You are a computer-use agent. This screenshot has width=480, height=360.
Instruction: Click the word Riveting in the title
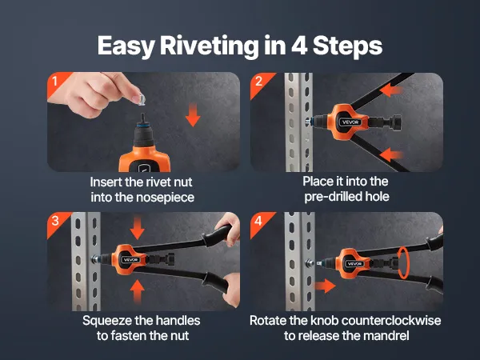click(209, 46)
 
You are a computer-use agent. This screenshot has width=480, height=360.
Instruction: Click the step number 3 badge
click(56, 221)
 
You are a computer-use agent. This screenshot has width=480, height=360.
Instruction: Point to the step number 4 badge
click(259, 221)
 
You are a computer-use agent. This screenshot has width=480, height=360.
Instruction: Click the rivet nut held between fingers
click(141, 99)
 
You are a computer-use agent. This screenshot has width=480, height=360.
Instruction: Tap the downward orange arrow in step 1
click(193, 114)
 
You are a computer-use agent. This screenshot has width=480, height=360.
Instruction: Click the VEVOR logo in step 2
click(350, 122)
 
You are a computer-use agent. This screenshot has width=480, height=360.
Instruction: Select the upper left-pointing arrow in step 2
click(391, 90)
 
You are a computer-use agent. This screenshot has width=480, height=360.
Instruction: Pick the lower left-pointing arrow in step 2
click(391, 154)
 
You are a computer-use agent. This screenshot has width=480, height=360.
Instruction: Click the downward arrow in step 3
click(137, 228)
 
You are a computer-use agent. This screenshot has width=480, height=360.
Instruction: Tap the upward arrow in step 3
click(137, 291)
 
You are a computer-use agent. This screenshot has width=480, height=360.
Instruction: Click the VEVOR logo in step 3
click(131, 260)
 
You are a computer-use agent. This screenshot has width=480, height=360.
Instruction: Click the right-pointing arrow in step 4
click(325, 286)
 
